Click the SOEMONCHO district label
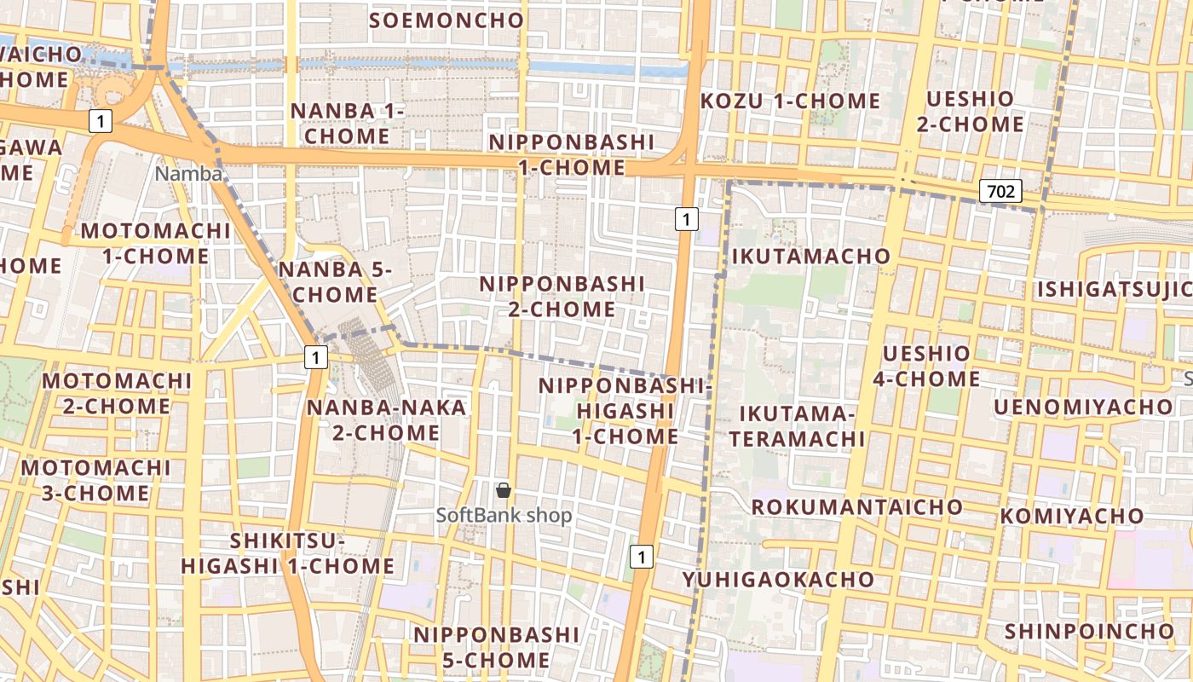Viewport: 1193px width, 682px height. [x=447, y=20]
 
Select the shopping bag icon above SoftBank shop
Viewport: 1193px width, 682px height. [x=504, y=490]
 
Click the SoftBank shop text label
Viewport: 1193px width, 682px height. [x=504, y=516]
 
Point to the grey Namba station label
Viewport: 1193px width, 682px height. [x=188, y=175]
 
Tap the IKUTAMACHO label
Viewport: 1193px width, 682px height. [x=810, y=256]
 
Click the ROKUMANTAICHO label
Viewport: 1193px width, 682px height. [x=856, y=507]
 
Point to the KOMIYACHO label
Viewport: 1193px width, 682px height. [x=1071, y=517]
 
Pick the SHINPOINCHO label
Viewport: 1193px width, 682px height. [x=1089, y=632]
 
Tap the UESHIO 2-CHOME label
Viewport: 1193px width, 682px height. [x=971, y=112]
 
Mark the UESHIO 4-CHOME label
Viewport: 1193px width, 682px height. [x=926, y=366]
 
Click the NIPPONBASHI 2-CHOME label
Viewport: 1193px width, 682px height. [x=562, y=296]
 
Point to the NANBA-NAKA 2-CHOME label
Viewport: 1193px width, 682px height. [x=386, y=420]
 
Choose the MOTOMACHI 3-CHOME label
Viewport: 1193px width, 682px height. [x=96, y=480]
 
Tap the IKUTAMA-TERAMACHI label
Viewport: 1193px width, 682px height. [x=798, y=426]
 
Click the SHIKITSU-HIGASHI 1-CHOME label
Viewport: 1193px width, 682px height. [x=287, y=553]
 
